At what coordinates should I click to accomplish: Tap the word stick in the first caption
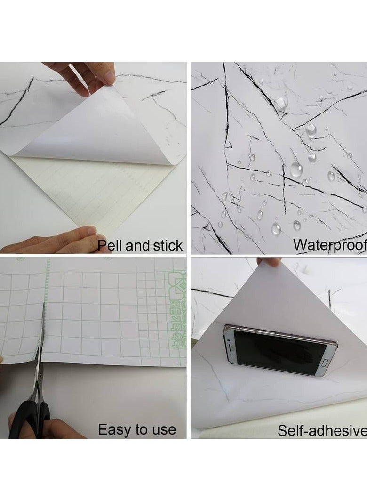coord(167,245)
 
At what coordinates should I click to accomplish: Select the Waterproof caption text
coord(329,245)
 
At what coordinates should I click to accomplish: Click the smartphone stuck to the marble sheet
coord(280,351)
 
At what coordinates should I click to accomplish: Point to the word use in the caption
coord(162,429)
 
